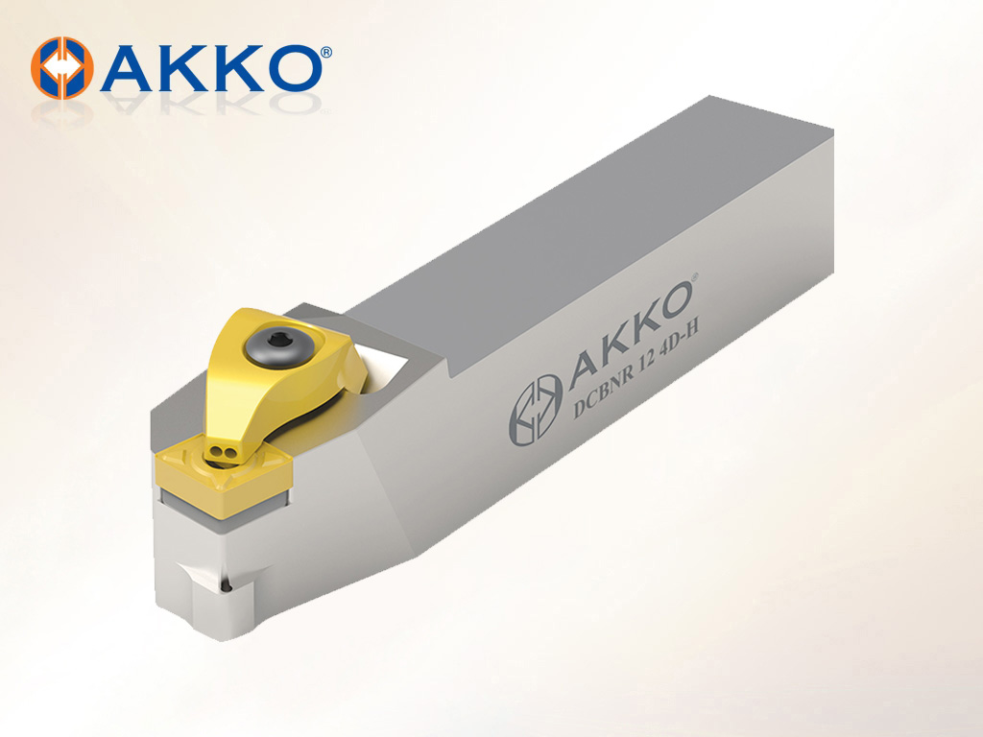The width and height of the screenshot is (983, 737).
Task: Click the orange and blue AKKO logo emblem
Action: point(62,68)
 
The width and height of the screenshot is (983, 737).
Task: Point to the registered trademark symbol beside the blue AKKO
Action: point(326,53)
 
